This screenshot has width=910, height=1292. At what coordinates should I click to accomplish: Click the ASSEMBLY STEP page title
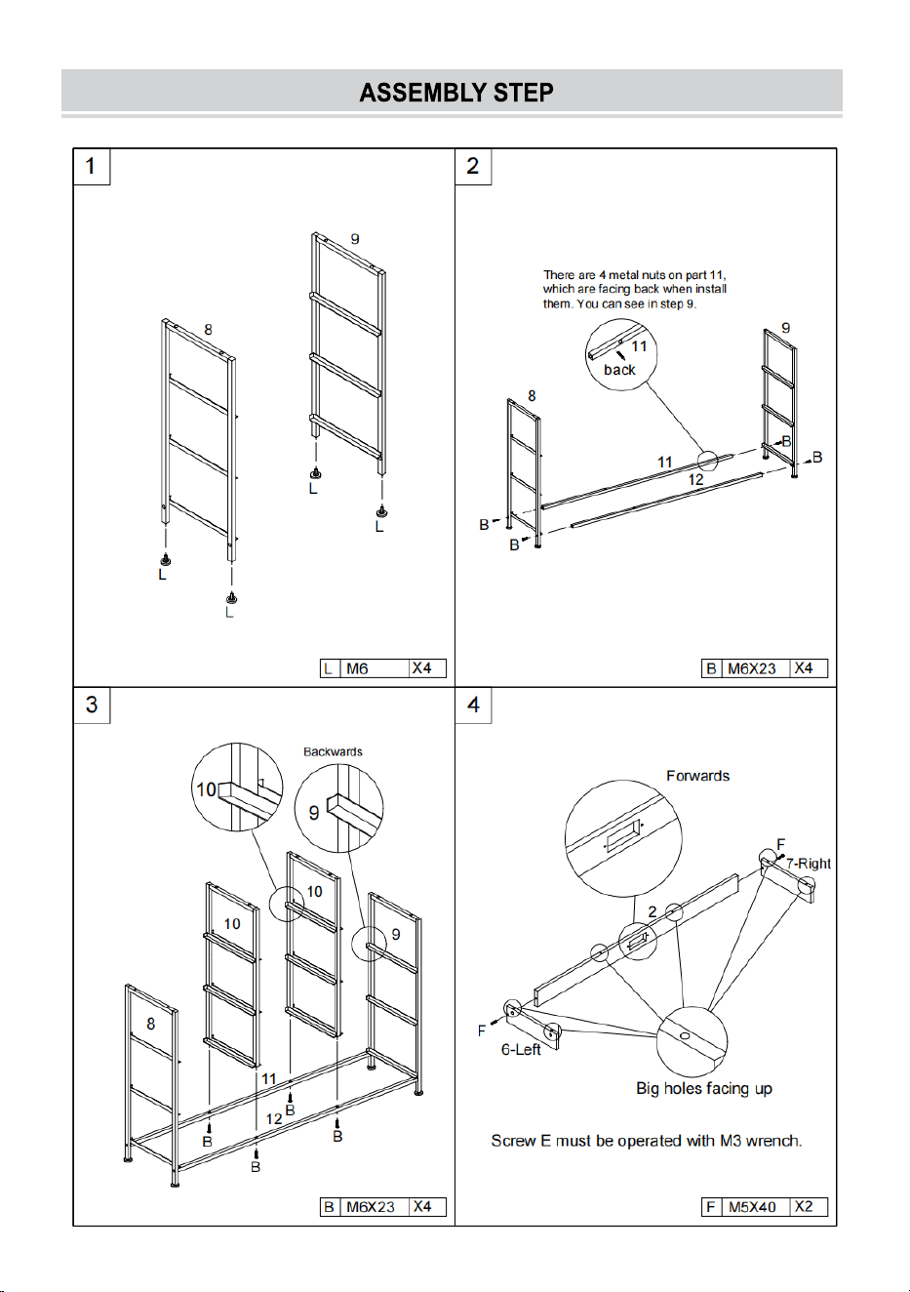456,93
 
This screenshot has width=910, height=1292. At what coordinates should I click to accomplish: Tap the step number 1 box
91,166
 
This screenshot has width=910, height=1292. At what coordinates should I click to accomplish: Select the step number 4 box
473,705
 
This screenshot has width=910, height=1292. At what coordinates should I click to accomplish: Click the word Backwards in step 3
333,751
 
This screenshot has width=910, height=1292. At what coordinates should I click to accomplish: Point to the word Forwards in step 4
697,776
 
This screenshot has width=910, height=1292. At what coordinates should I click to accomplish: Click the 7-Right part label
809,864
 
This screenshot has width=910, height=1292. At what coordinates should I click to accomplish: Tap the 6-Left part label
521,1049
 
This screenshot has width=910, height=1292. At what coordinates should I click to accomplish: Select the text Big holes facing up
704,1088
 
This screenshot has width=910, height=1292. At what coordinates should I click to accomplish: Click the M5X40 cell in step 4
752,1207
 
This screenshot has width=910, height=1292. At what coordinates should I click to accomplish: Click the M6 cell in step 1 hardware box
374,667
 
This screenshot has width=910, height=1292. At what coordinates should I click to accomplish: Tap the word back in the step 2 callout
619,370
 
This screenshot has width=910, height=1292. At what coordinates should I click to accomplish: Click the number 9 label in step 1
355,239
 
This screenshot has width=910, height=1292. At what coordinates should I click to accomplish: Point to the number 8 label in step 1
208,330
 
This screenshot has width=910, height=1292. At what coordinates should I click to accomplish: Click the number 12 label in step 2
695,479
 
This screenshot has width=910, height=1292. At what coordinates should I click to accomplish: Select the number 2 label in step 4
653,911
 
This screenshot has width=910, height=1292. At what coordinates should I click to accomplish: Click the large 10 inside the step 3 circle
206,789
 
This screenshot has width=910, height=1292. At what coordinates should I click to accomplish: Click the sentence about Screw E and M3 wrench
647,1141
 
